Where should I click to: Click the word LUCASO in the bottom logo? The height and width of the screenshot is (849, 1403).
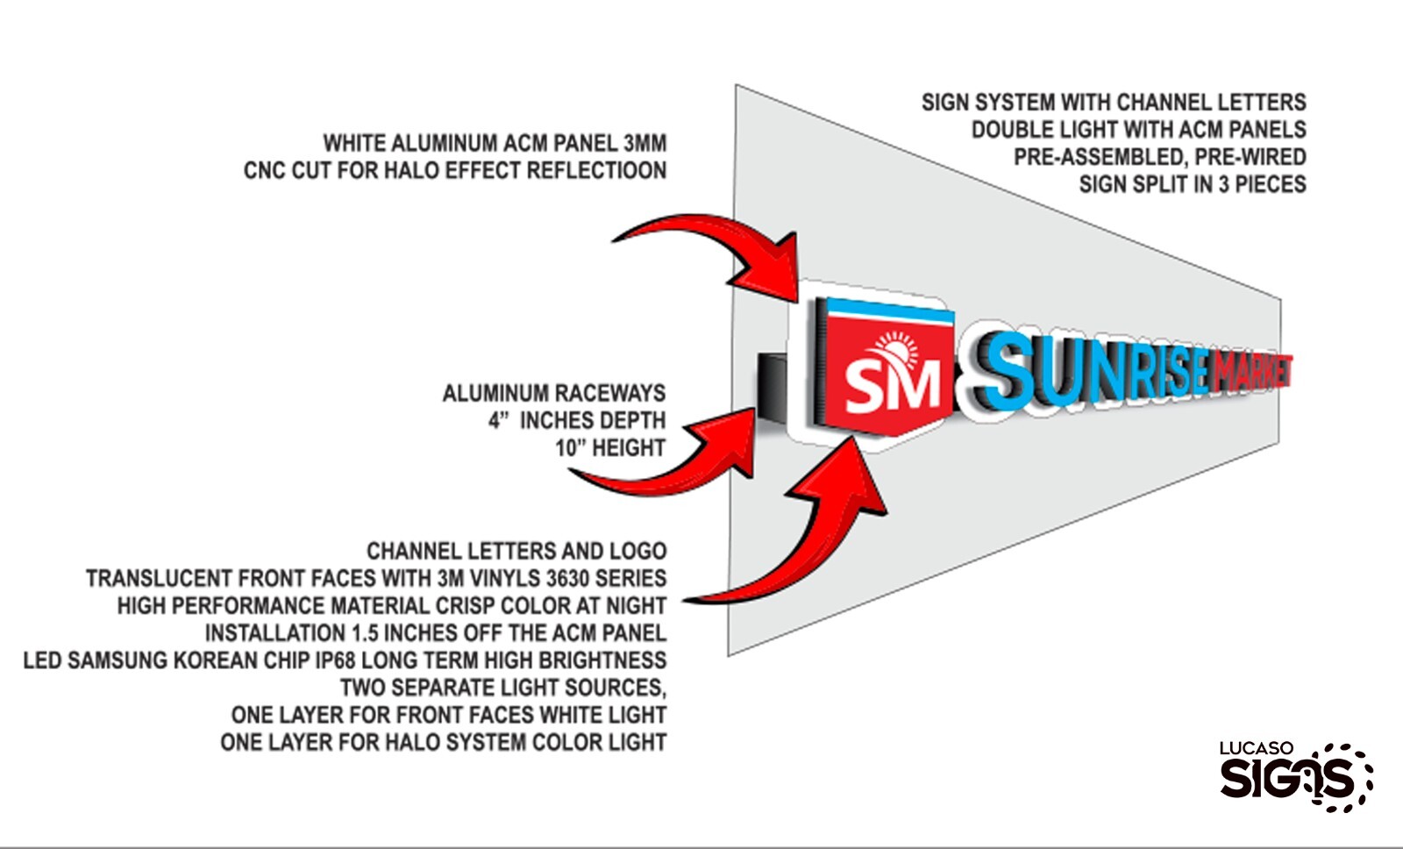coord(1257,748)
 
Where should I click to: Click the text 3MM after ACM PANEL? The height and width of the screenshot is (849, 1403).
coord(645,144)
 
